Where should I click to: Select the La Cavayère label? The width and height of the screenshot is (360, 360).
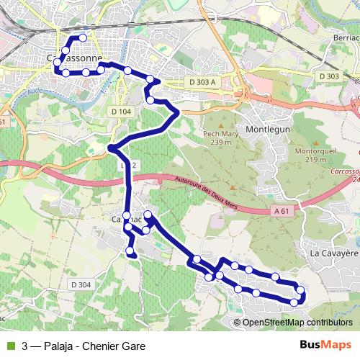(x=333, y=253)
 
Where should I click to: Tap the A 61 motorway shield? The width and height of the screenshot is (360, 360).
(x=284, y=210)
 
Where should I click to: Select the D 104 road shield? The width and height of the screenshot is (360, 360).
(x=122, y=112)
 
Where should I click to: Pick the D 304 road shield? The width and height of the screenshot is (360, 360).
(x=81, y=284)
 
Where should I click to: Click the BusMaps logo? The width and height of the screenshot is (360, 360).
(x=325, y=346)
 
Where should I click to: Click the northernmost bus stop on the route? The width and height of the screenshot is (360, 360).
(x=84, y=37)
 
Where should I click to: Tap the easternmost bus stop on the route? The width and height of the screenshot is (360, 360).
(x=301, y=291)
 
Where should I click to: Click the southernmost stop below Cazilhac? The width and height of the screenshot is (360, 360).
(x=130, y=251)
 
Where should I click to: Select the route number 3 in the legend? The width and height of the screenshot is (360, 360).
(x=25, y=346)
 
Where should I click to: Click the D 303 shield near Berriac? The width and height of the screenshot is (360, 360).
(x=328, y=76)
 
